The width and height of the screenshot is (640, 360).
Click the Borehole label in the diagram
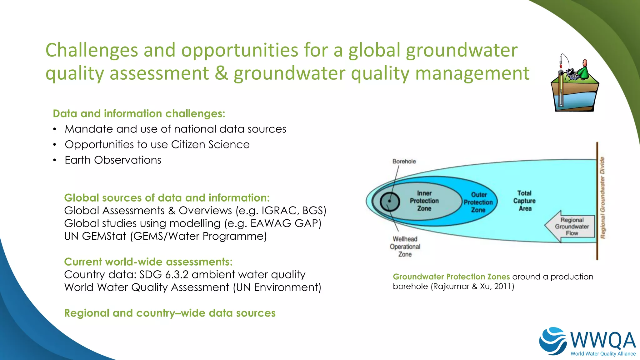(x=404, y=161)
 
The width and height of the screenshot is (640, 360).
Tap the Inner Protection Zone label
(x=424, y=201)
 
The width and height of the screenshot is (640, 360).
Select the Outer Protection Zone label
(x=478, y=202)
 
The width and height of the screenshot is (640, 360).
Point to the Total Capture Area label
(x=524, y=201)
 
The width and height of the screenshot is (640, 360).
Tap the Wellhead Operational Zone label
(x=405, y=247)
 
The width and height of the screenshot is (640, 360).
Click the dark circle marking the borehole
(x=390, y=201)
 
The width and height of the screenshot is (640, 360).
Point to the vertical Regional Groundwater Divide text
(x=602, y=197)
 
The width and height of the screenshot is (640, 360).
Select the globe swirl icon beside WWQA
(x=553, y=341)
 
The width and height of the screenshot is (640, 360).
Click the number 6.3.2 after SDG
(x=177, y=275)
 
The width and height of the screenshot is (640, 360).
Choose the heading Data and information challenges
(x=139, y=113)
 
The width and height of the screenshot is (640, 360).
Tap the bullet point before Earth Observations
(x=55, y=160)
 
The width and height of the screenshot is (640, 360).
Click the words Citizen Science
(x=210, y=145)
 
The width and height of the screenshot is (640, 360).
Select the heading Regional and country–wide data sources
(x=170, y=313)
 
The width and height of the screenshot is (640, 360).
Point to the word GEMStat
(x=104, y=236)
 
